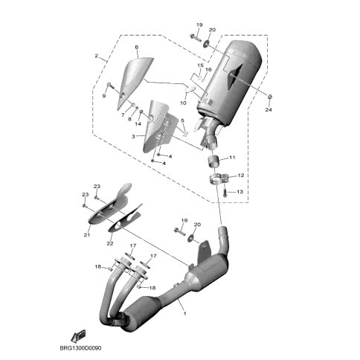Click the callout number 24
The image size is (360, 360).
tap(269, 109)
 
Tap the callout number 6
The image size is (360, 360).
tap(137, 47)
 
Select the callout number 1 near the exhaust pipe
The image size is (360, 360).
tap(184, 314)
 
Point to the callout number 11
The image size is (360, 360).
tap(232, 158)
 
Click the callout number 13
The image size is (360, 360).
tap(240, 192)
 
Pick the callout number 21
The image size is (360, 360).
tap(87, 234)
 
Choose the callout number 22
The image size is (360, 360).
tap(110, 243)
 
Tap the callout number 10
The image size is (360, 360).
tap(183, 103)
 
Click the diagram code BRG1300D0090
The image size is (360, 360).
tap(80, 348)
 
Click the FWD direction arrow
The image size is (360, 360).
tap(78, 335)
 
